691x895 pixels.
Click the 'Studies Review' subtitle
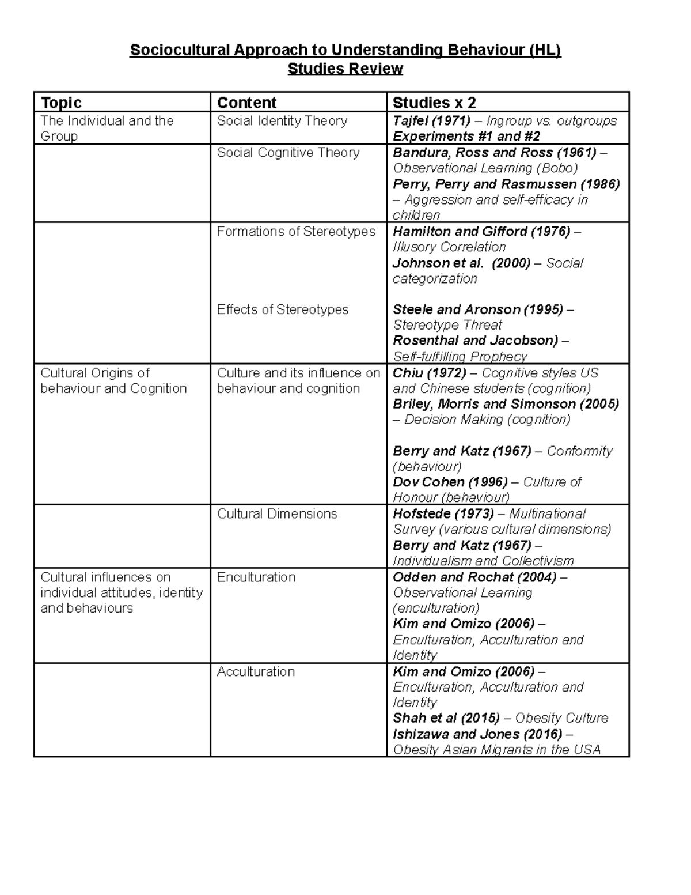pos(345,69)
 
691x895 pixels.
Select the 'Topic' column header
pos(61,103)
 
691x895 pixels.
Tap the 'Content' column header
pos(246,103)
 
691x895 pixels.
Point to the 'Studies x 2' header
pos(434,103)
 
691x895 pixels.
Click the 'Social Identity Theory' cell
pos(282,121)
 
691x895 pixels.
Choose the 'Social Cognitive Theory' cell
pos(288,153)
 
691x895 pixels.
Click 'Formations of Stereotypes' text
pos(296,232)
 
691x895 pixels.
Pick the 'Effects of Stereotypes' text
pos(283,309)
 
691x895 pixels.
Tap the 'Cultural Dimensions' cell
pos(277,513)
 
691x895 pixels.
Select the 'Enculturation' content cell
pos(256,577)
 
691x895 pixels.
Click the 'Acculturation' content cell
pos(256,671)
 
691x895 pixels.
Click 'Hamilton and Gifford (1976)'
pos(481,232)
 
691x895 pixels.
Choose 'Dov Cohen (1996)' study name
pos(450,482)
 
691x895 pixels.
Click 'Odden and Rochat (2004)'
pos(474,577)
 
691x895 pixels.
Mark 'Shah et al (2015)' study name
pos(446,718)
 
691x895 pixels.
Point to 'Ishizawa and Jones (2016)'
pos(477,734)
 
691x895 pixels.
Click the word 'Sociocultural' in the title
pos(179,51)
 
